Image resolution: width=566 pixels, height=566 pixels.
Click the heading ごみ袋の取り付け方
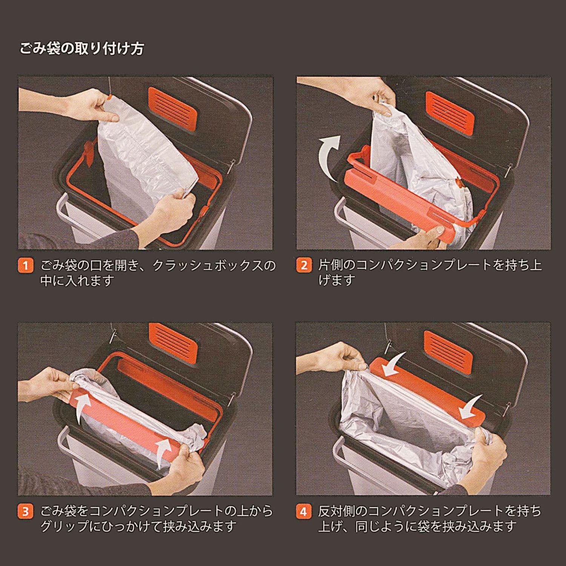[x=82, y=49]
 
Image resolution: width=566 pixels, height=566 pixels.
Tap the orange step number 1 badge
[x=26, y=265]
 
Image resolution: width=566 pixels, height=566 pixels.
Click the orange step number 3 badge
[x=26, y=512]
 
